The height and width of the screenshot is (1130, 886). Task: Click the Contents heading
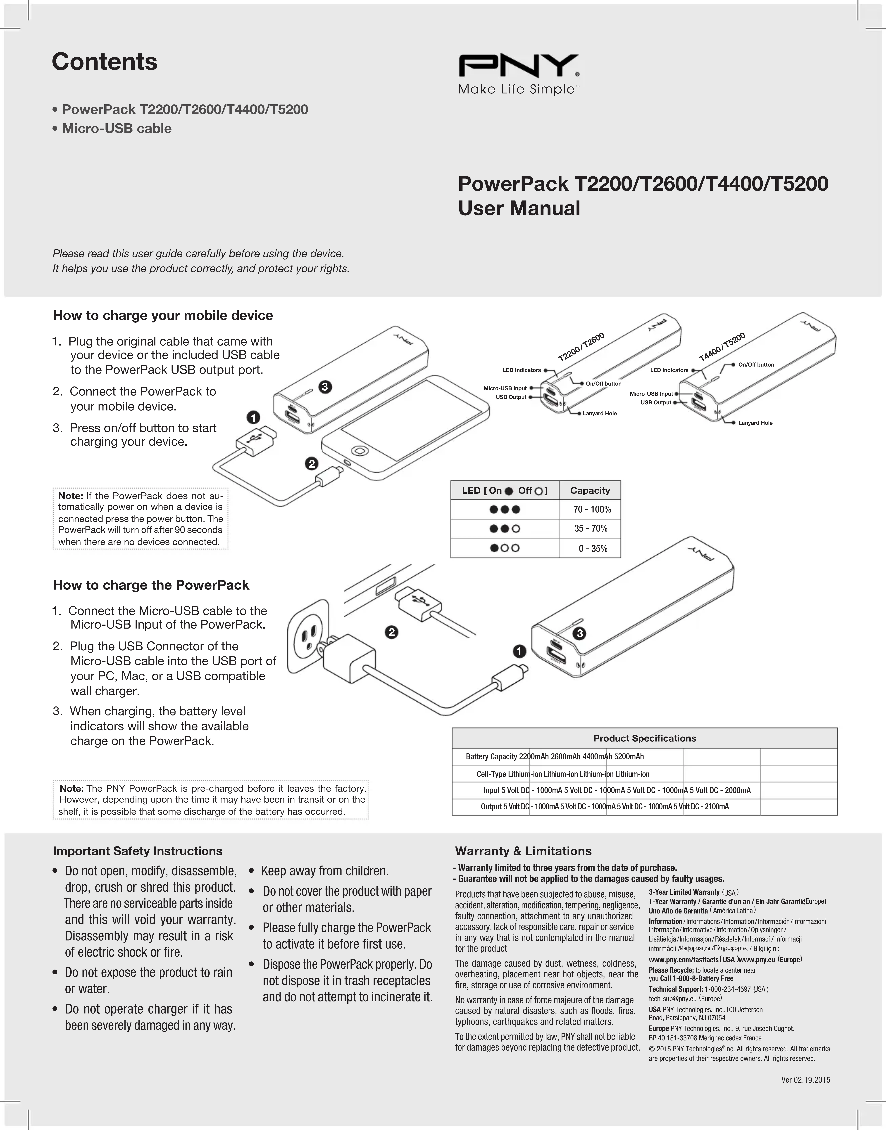[104, 62]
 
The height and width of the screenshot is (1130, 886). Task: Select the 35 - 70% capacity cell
[590, 529]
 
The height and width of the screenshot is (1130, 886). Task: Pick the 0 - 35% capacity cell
[592, 548]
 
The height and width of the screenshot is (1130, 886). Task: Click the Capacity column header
[590, 490]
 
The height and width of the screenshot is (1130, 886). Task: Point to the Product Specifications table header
[644, 738]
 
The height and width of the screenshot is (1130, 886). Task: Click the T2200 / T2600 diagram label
[581, 347]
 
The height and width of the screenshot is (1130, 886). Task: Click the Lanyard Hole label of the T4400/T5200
[755, 423]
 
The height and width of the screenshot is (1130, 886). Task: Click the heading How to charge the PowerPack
[151, 585]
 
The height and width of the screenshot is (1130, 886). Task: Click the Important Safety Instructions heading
[138, 851]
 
